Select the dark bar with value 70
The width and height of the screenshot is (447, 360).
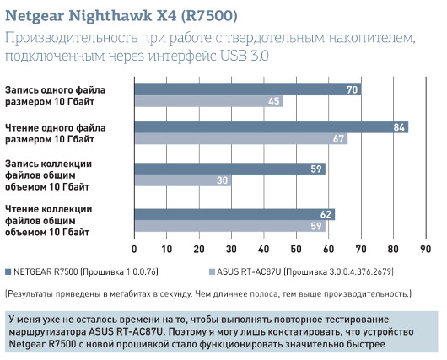[247, 89]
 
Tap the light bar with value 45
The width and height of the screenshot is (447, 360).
[208, 101]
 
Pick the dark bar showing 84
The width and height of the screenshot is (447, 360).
[271, 127]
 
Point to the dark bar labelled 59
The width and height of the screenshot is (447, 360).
[229, 169]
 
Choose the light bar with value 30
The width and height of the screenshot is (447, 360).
[183, 180]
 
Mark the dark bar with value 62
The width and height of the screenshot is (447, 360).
[234, 214]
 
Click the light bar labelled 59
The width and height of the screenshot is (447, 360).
[229, 226]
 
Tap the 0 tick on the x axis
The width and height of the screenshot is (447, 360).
[135, 250]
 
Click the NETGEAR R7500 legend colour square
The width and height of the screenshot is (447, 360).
[8, 271]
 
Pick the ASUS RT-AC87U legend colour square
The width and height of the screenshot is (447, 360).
[211, 271]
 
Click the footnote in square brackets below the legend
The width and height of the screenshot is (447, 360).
[207, 293]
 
